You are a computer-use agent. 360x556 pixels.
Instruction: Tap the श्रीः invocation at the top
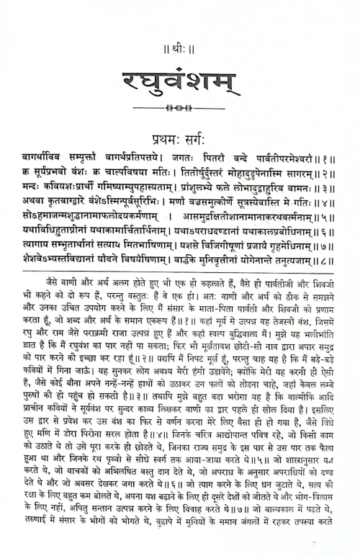tap(179, 32)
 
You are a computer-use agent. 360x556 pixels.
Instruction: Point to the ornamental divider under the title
tap(179, 108)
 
